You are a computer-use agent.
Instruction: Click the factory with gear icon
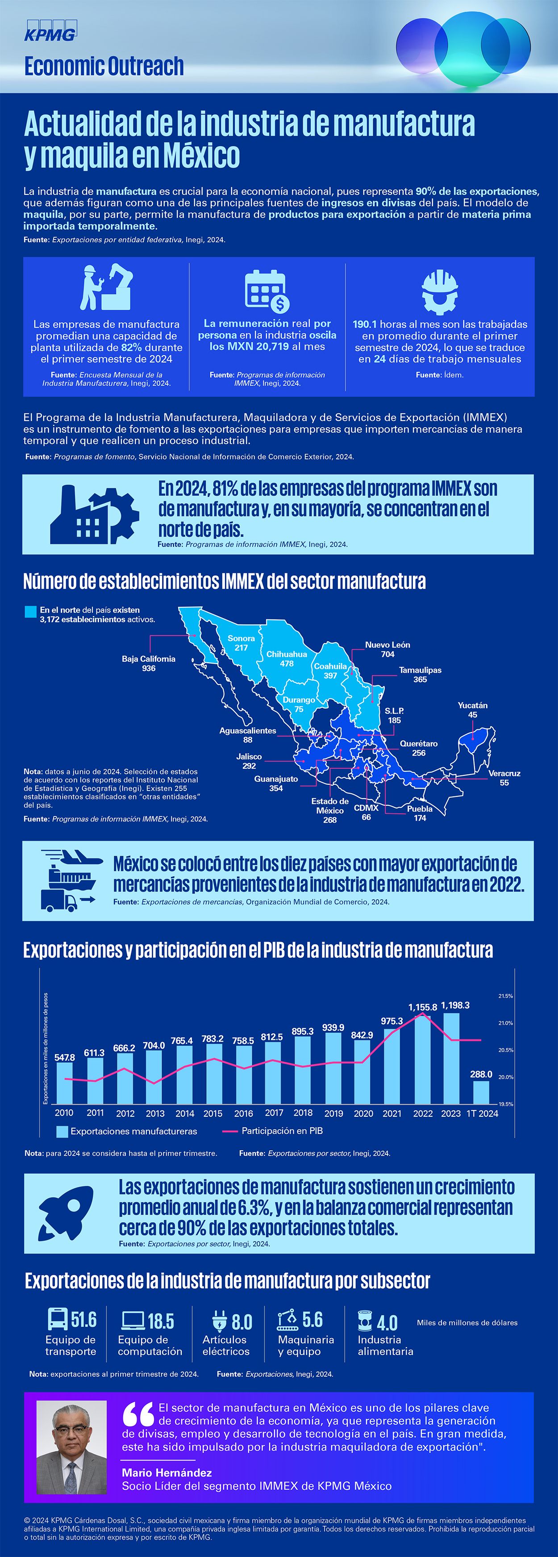(94, 514)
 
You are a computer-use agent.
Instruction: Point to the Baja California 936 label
(149, 663)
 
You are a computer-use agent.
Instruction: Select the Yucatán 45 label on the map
(472, 710)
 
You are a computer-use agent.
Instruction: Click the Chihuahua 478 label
(287, 659)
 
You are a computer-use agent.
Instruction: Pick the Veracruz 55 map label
(504, 778)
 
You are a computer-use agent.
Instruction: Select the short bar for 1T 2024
(481, 1092)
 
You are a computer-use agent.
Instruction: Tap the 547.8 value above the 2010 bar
(65, 1057)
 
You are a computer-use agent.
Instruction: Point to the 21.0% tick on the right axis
(505, 1023)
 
